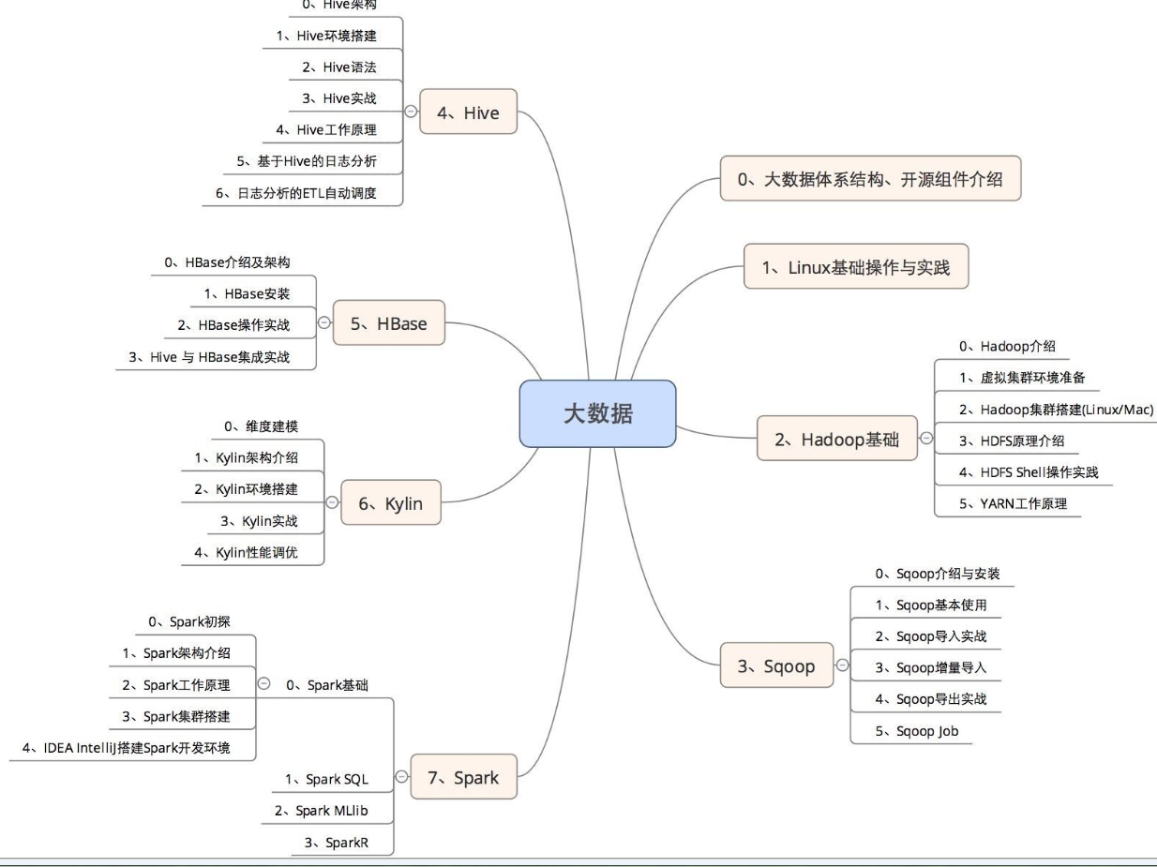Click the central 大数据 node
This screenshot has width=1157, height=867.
point(597,413)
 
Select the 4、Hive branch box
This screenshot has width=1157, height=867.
point(468,112)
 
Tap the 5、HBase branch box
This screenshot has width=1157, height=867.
point(388,323)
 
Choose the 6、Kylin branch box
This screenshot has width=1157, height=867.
point(390,503)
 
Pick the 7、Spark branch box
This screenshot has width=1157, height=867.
point(463,777)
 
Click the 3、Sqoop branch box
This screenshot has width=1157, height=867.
point(775,665)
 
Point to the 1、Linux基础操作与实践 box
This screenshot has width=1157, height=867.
point(855,267)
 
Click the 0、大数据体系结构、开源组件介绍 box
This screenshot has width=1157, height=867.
point(869,179)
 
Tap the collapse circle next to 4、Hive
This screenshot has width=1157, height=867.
point(410,112)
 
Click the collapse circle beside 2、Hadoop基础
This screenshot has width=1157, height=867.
point(926,438)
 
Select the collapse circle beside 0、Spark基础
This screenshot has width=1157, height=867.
point(263,683)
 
